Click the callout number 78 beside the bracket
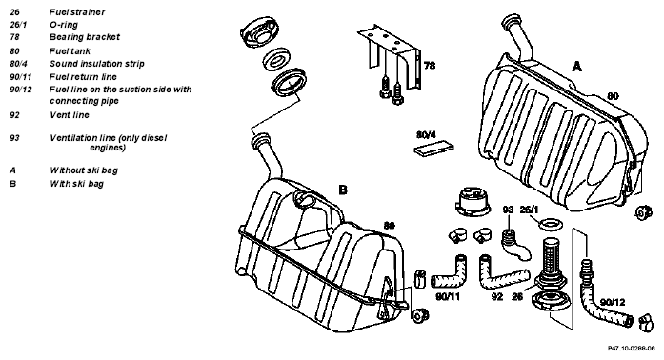430,66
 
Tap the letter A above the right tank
576,66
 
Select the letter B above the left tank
343,190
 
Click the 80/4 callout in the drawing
426,134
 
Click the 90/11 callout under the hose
448,296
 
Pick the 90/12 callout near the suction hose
613,302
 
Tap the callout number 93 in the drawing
508,210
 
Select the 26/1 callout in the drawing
529,210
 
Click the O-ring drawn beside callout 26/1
550,224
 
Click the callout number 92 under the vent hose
496,296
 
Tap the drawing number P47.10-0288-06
631,349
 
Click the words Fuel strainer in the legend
77,12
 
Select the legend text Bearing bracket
85,37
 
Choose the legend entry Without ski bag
84,170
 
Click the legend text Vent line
70,115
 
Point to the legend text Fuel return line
83,76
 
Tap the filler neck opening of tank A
511,20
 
